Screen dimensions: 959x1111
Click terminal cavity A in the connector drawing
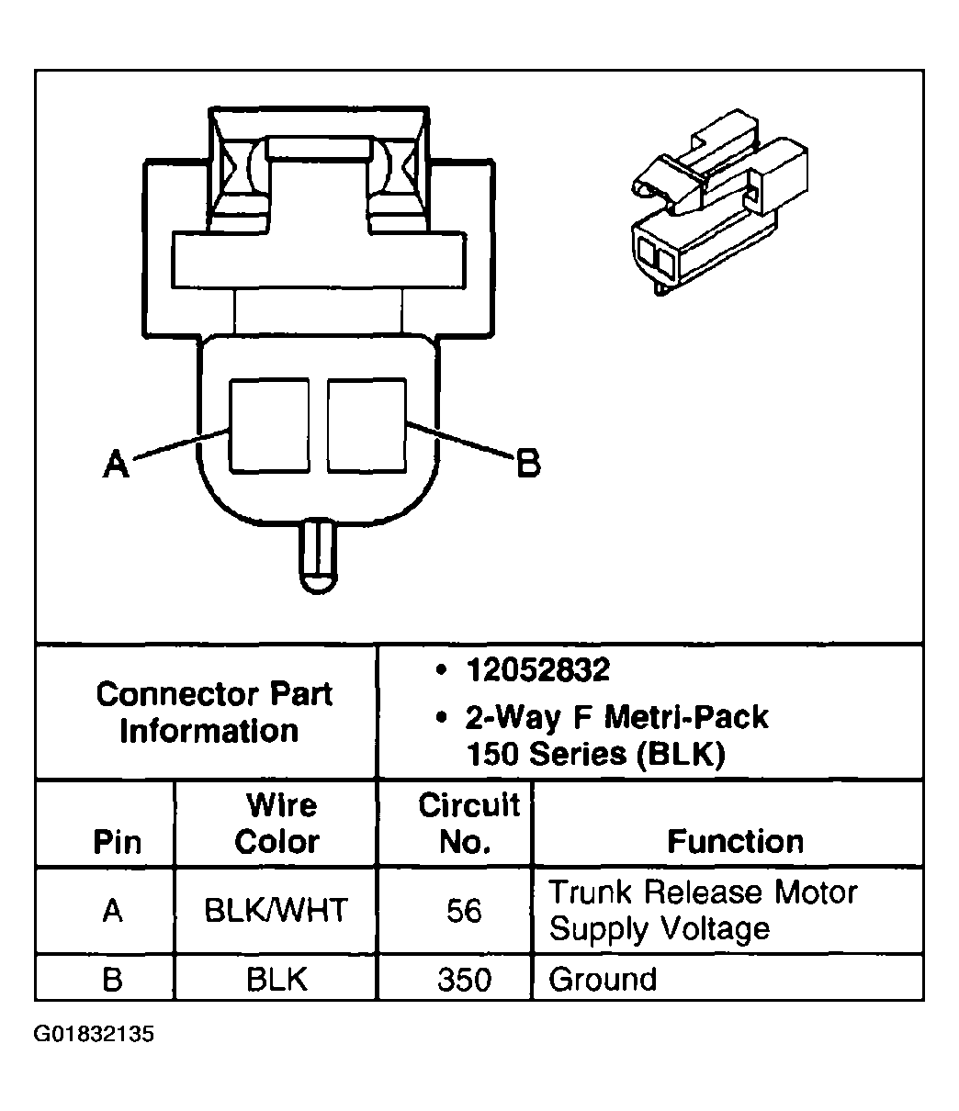[x=269, y=426]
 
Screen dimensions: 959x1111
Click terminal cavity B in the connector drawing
[x=367, y=426]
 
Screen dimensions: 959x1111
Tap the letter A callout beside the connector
[x=116, y=464]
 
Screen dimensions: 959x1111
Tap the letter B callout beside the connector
[x=528, y=463]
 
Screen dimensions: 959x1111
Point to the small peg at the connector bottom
[x=318, y=556]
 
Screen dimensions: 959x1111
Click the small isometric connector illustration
[x=719, y=202]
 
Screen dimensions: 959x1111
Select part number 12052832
[x=538, y=669]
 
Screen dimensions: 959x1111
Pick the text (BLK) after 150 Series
[x=681, y=754]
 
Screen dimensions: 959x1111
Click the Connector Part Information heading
[x=214, y=713]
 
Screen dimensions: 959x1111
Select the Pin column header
[x=118, y=842]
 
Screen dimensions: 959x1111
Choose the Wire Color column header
[x=277, y=824]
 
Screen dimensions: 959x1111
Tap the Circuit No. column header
[x=469, y=824]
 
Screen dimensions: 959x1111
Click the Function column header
[x=735, y=842]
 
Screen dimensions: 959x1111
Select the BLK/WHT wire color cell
[x=276, y=911]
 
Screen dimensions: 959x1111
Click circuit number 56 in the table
[x=464, y=911]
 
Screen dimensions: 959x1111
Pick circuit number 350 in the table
[x=464, y=980]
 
